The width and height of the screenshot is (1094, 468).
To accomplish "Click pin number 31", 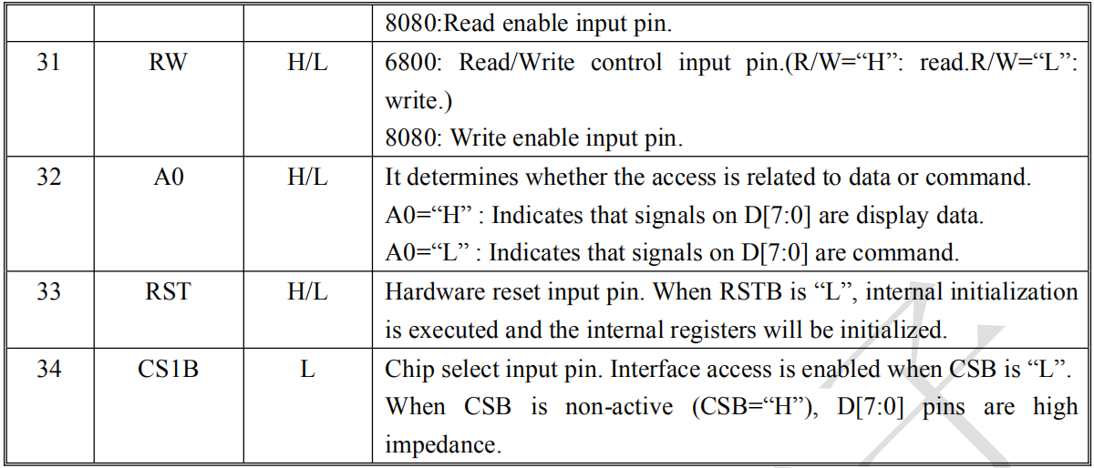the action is pos(48,62).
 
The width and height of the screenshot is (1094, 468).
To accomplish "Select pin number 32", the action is pos(49,177).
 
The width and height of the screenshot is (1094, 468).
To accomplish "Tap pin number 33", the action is pos(49,291).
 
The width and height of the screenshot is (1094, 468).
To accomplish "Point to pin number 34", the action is pos(49,369).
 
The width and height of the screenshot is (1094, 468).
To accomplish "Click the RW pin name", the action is pos(168,62).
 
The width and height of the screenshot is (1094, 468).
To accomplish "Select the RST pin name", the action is pos(168,291).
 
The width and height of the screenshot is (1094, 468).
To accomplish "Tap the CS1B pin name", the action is pos(168,369).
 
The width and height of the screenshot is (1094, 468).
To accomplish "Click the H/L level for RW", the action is pos(307,62).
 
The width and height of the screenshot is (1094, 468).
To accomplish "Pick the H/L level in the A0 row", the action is pos(307,177).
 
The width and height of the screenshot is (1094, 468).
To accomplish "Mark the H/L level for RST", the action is pos(307,291).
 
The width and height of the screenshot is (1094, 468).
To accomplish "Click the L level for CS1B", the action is pos(308,369).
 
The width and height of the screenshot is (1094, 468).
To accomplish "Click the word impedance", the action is pos(443,444).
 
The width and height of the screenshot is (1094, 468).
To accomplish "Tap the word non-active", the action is pos(619,406).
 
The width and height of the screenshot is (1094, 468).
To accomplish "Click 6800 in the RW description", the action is pos(413,62).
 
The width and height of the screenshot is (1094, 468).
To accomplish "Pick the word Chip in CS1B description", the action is pos(409,370).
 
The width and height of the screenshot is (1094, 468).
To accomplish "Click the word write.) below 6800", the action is pos(418,100).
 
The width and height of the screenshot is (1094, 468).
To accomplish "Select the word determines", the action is pos(462,177).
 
